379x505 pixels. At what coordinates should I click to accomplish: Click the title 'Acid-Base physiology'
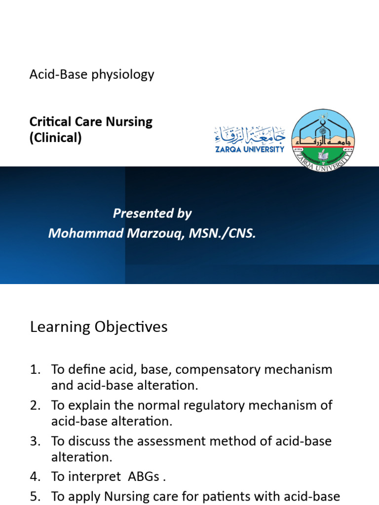(x=92, y=74)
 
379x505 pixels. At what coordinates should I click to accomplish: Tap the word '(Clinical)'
(x=55, y=138)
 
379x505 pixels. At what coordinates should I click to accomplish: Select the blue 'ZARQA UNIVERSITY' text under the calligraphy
(x=250, y=149)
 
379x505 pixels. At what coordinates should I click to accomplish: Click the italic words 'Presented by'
(x=152, y=213)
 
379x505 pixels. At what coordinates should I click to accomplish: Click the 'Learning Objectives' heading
(x=99, y=327)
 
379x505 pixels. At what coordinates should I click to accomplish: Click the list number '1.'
(x=37, y=369)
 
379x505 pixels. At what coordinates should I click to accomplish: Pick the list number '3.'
(x=37, y=441)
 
